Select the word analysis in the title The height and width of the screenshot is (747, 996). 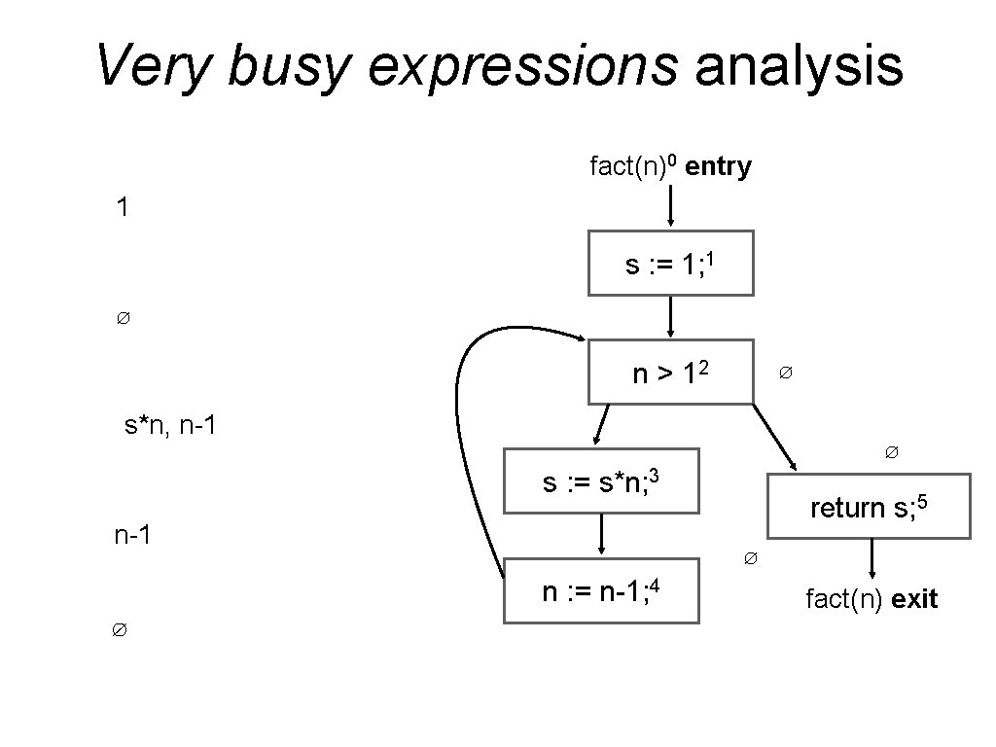pyautogui.click(x=799, y=66)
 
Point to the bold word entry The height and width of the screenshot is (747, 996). pyautogui.click(x=718, y=167)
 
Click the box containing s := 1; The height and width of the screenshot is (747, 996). pyautogui.click(x=670, y=263)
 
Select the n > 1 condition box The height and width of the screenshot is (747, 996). pyautogui.click(x=670, y=372)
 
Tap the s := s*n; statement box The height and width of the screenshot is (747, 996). pyautogui.click(x=601, y=480)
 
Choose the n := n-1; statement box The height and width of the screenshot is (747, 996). pyautogui.click(x=601, y=590)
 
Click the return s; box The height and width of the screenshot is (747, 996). pyautogui.click(x=870, y=506)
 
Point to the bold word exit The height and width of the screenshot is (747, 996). pyautogui.click(x=914, y=600)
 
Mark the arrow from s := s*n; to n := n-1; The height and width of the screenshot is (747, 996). pyautogui.click(x=602, y=535)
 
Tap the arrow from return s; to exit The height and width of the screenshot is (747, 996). pyautogui.click(x=871, y=558)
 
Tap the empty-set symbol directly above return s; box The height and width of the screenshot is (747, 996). pyautogui.click(x=891, y=452)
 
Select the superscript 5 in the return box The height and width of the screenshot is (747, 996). pyautogui.click(x=924, y=498)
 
